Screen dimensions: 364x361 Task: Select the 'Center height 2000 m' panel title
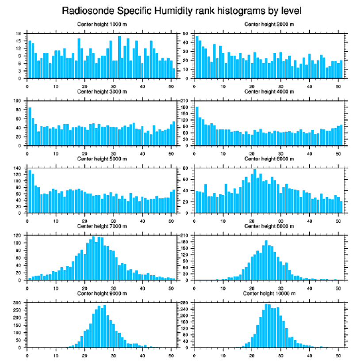(x=269, y=24)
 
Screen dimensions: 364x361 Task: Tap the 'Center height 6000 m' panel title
(x=269, y=159)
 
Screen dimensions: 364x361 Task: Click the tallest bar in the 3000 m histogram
(x=30, y=126)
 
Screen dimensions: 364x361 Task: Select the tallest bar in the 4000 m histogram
(x=197, y=126)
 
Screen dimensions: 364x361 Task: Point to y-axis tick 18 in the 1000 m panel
(x=19, y=34)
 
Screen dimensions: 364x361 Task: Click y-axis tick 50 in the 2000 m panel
(x=186, y=34)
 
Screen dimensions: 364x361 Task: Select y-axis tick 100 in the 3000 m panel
(x=18, y=101)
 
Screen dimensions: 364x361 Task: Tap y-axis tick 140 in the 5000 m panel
(x=18, y=168)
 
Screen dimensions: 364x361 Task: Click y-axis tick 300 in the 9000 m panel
(x=18, y=303)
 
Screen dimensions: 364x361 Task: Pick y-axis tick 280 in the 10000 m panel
(x=185, y=303)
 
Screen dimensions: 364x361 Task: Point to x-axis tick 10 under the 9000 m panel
(x=56, y=354)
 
